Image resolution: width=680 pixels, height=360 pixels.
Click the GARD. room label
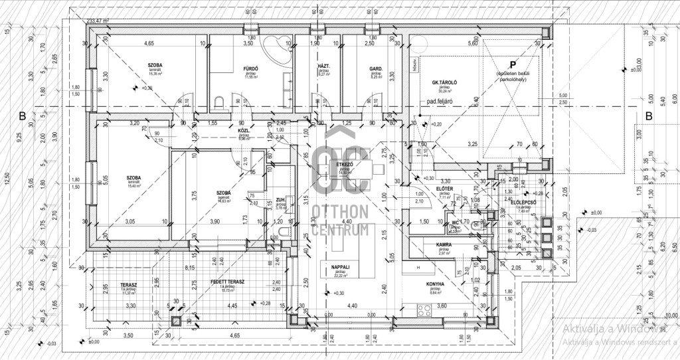[x=375, y=68]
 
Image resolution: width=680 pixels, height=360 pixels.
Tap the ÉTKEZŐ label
[x=344, y=164]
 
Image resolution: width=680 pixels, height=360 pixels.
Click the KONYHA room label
[x=435, y=285]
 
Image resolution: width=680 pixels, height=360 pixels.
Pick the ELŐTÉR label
[x=444, y=189]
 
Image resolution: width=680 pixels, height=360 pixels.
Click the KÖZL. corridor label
[x=244, y=132]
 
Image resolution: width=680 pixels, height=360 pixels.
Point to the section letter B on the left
[x=23, y=116]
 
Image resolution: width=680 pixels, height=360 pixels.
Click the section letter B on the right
[x=649, y=116]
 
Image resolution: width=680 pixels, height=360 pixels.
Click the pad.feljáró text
[x=440, y=102]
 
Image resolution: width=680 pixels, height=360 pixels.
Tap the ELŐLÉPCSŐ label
[x=524, y=201]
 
